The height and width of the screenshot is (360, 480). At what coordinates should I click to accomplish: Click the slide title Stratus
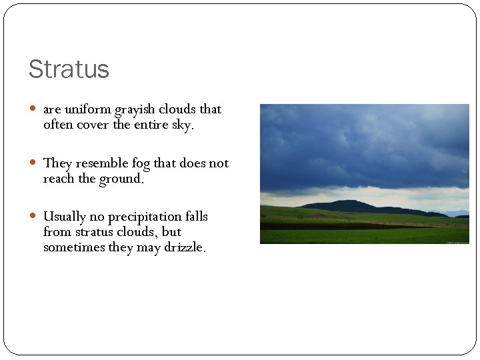pos(69,69)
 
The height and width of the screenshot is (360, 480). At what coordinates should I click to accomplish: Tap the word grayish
pos(137,110)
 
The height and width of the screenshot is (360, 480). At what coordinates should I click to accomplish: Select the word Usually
pos(65,217)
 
